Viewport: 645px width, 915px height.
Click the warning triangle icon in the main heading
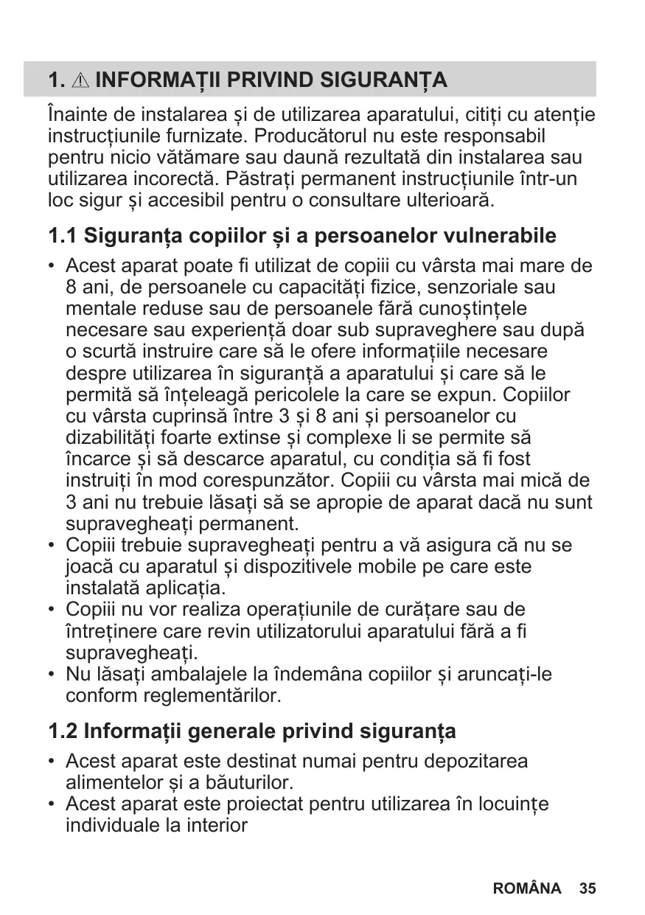point(82,80)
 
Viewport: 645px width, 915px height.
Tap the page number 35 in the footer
point(588,888)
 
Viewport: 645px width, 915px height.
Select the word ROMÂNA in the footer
point(526,888)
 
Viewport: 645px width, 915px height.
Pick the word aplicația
point(181,588)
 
